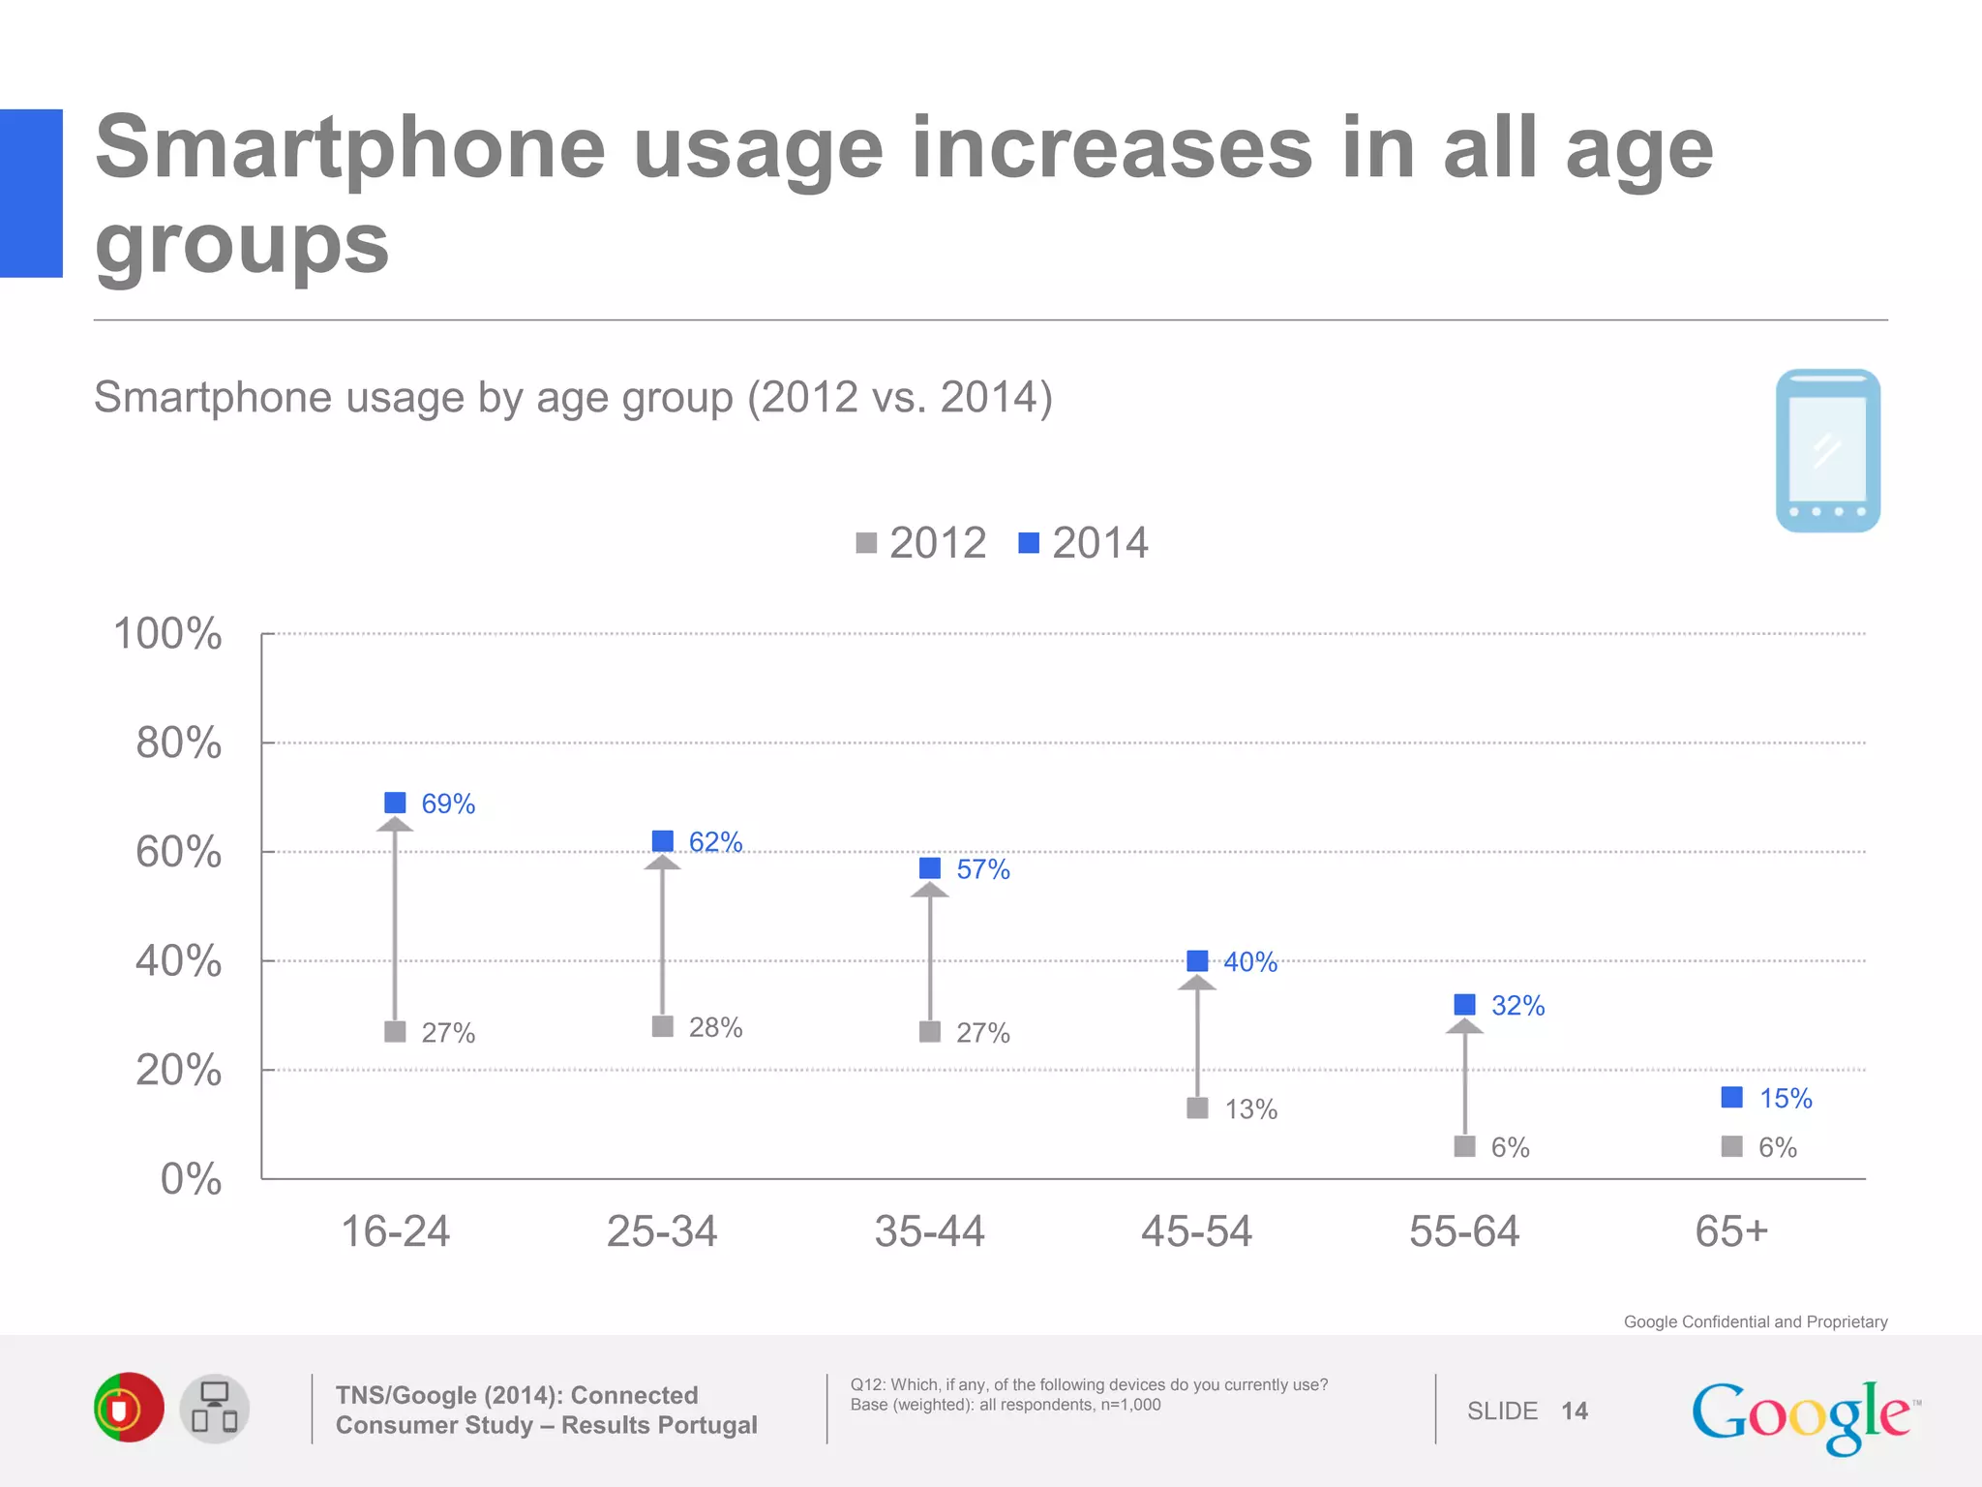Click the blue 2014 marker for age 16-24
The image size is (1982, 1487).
[395, 803]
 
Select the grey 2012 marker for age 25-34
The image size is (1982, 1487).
[663, 1026]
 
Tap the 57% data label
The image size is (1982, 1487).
[982, 869]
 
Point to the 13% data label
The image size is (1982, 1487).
[1250, 1109]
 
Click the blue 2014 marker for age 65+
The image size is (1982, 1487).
[1732, 1097]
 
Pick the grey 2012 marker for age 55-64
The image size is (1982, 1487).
[1465, 1146]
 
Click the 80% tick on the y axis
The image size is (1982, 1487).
[179, 743]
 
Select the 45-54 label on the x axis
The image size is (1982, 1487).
[1197, 1231]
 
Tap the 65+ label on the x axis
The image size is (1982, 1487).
[1731, 1231]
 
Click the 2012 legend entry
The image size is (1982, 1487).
[921, 543]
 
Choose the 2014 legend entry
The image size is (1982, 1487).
[1084, 543]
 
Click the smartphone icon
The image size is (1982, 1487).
[1827, 450]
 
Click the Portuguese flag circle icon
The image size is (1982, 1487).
[128, 1408]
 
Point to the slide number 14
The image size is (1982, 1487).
[1574, 1411]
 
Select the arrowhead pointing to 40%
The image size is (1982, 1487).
[1197, 984]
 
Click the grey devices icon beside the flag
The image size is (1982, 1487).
[214, 1408]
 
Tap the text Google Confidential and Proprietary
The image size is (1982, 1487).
[1755, 1321]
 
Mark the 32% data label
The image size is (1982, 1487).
[1517, 1006]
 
